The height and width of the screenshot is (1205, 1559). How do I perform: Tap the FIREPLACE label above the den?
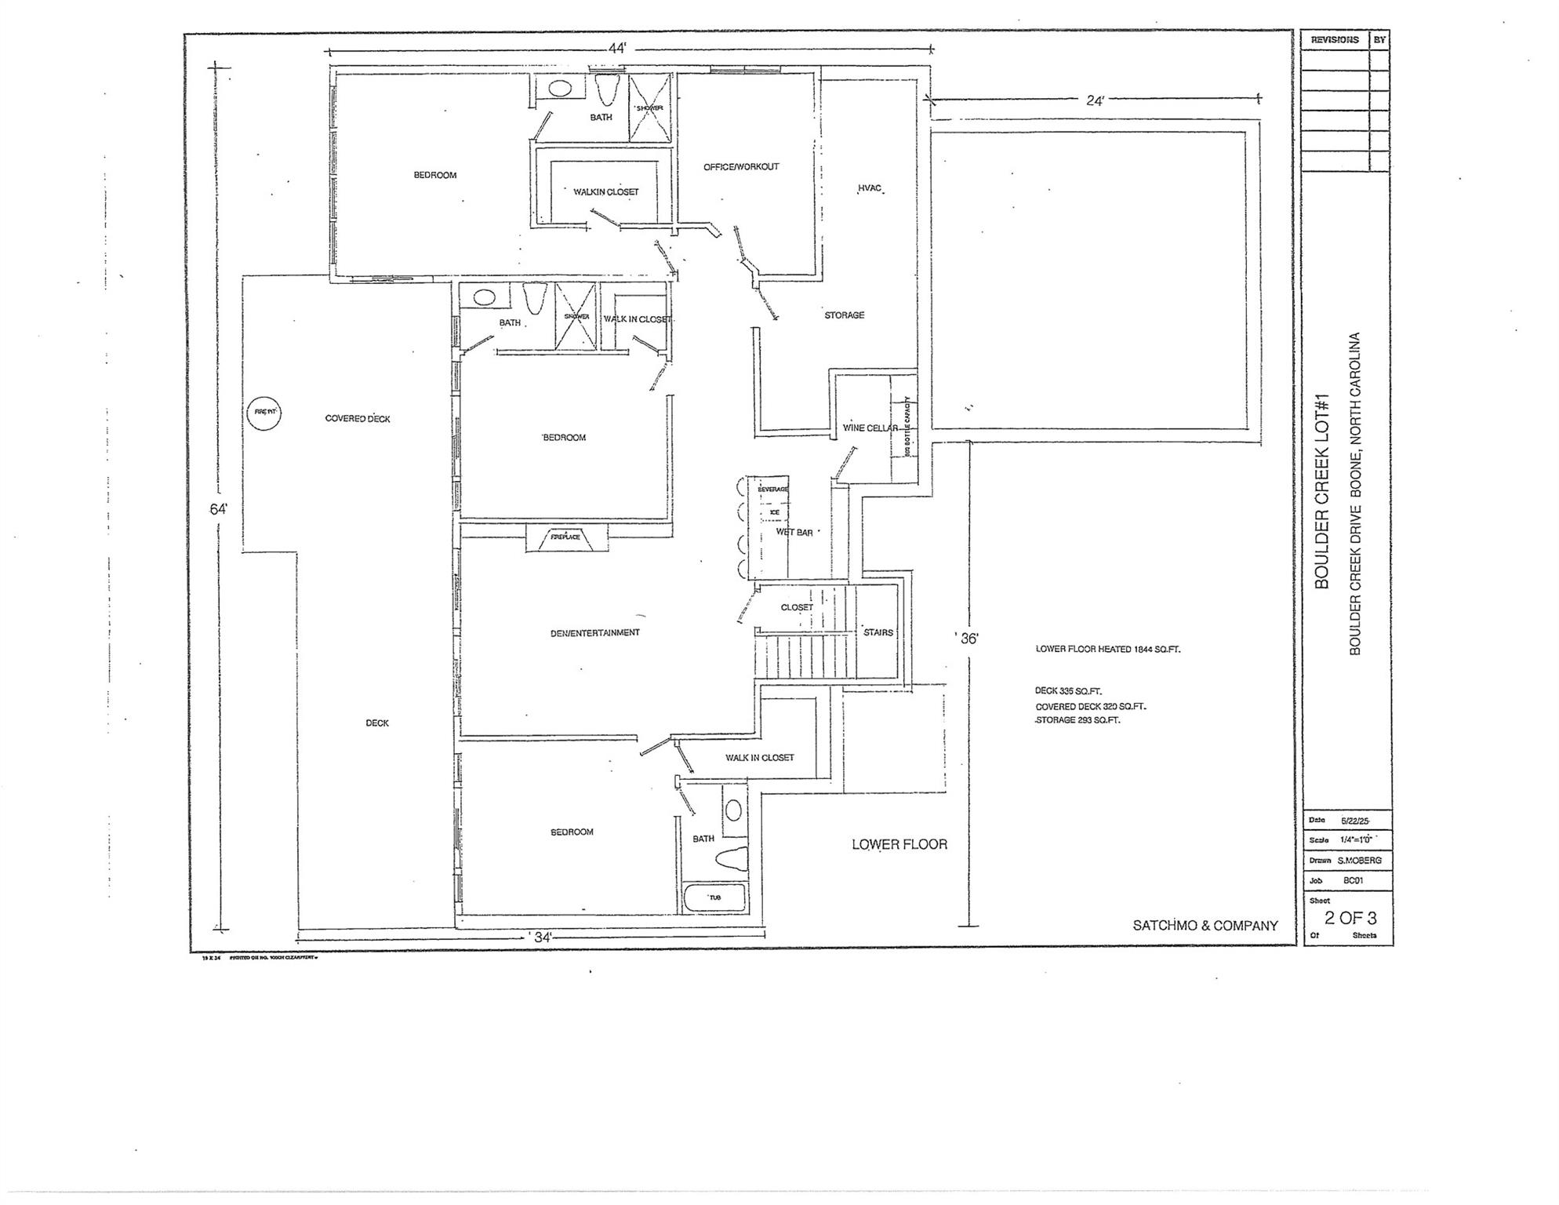click(x=565, y=537)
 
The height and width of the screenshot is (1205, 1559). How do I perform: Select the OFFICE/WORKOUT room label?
click(x=741, y=167)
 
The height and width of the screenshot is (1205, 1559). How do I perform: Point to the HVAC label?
click(x=870, y=188)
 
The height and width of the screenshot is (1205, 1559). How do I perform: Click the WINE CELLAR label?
click(x=870, y=428)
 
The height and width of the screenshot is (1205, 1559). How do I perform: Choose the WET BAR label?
click(x=794, y=533)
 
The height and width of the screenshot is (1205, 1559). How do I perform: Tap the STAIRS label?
click(x=878, y=632)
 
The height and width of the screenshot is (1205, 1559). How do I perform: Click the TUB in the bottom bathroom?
click(x=714, y=897)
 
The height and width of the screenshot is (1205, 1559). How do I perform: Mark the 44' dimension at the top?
click(x=618, y=49)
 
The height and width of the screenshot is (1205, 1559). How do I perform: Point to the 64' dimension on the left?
click(x=219, y=509)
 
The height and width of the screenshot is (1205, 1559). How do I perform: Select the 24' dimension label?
click(x=1095, y=100)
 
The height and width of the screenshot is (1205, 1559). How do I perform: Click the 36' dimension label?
click(x=969, y=639)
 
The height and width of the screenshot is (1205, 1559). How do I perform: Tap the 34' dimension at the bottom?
click(x=543, y=937)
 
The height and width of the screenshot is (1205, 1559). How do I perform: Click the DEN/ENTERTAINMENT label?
click(x=594, y=632)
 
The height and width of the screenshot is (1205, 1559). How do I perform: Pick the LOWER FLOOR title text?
click(x=899, y=845)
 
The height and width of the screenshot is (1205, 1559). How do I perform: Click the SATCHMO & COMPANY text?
click(x=1205, y=926)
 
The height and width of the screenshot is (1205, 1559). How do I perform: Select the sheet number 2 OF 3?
click(x=1350, y=918)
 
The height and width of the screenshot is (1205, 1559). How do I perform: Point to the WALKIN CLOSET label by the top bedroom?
click(x=605, y=192)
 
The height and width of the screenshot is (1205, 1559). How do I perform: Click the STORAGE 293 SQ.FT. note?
click(x=1078, y=720)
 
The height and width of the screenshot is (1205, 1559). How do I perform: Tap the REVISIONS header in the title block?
click(x=1335, y=40)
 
